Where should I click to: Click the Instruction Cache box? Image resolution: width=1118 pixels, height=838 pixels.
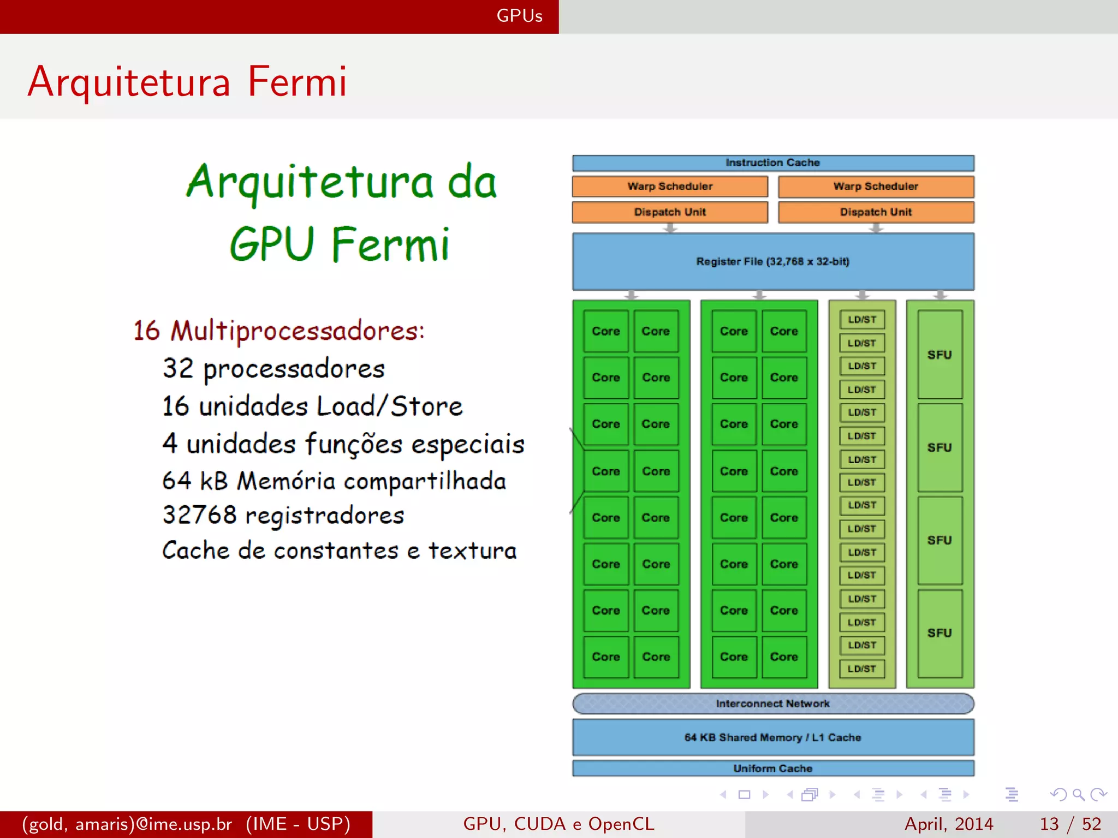point(772,163)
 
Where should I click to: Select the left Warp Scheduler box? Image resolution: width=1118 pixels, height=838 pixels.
point(670,186)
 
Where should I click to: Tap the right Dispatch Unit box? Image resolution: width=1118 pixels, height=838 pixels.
point(876,212)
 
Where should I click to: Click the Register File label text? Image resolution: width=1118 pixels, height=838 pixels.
point(772,261)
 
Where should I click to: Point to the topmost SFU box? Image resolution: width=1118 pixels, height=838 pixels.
point(939,355)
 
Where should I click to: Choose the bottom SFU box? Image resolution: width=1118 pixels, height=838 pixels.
point(939,633)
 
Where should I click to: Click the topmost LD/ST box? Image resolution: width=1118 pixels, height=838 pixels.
point(862,320)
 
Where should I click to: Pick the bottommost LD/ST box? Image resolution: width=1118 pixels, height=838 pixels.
point(862,668)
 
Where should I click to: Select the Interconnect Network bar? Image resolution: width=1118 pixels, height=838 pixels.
point(772,704)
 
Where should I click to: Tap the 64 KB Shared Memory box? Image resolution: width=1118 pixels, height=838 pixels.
point(772,738)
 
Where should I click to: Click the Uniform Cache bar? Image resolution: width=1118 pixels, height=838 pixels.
point(772,768)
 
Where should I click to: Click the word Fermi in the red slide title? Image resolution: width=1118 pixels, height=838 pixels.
point(297,82)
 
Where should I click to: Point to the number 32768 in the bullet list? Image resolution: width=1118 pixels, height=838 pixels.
point(200,514)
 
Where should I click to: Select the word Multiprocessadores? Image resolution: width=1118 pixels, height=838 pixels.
point(298,331)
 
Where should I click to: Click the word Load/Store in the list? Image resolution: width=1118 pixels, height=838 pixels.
point(389,406)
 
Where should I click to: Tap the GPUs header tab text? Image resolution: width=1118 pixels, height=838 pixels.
point(519,16)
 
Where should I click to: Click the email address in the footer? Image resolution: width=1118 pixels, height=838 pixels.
point(127,824)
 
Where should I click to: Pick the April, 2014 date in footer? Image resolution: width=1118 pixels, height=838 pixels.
point(949,824)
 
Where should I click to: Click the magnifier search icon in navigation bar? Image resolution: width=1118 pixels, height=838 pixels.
point(1078,794)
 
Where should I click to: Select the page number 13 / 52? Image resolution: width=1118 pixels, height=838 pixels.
point(1070,824)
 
